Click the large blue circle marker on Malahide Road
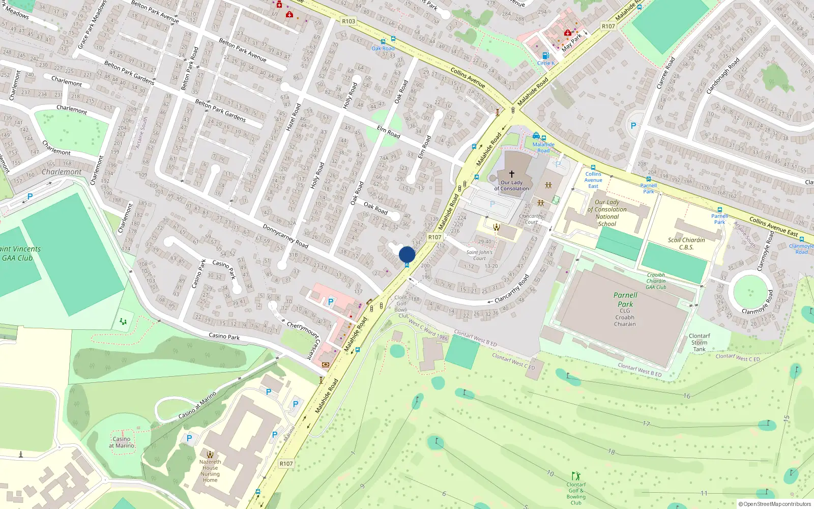pos(407,254)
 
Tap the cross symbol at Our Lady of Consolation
pos(512,174)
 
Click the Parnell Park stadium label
pos(625,299)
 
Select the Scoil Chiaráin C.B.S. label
pos(686,243)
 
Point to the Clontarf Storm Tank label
pos(699,343)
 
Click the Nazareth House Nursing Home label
pos(210,471)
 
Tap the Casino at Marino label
pos(122,442)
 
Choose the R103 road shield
pos(348,21)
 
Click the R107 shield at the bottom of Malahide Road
pos(286,464)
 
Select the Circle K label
pos(546,63)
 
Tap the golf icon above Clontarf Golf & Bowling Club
pos(576,476)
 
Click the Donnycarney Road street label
pos(285,236)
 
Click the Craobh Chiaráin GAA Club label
pos(656,281)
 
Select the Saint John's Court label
pos(479,255)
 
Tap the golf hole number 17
pos(646,423)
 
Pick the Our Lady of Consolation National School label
pos(607,213)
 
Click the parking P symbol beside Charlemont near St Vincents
pos(30,196)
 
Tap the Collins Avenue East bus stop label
pos(593,180)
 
